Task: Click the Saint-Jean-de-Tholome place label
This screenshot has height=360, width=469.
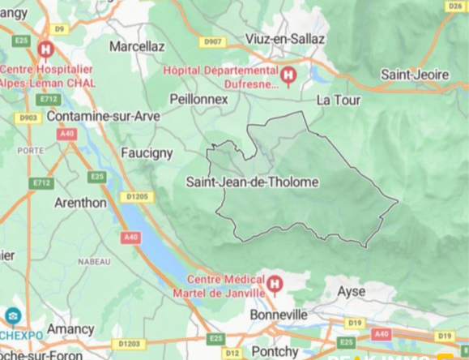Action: [x=252, y=182]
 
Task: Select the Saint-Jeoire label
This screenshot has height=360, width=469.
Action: [x=415, y=75]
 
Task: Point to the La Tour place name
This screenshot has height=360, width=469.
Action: [x=338, y=100]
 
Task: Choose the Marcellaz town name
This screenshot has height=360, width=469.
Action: [x=137, y=46]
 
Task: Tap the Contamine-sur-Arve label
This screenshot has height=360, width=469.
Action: [x=103, y=116]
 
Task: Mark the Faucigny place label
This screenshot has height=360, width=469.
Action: [x=147, y=152]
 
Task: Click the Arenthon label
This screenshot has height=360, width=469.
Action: [x=80, y=203]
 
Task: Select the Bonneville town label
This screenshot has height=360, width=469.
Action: [x=279, y=314]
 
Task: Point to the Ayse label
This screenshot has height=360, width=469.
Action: [x=352, y=291]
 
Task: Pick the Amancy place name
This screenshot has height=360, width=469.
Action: [x=70, y=328]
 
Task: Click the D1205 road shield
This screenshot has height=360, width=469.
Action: [x=137, y=197]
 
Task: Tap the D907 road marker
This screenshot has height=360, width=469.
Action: [x=213, y=41]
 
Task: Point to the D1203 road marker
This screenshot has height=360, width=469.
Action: [x=129, y=344]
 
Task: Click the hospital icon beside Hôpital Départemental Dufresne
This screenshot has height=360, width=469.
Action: [x=288, y=76]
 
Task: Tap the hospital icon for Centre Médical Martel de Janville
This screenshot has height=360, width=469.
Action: [x=275, y=285]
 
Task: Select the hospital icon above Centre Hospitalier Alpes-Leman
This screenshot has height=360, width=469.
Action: [x=45, y=49]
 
